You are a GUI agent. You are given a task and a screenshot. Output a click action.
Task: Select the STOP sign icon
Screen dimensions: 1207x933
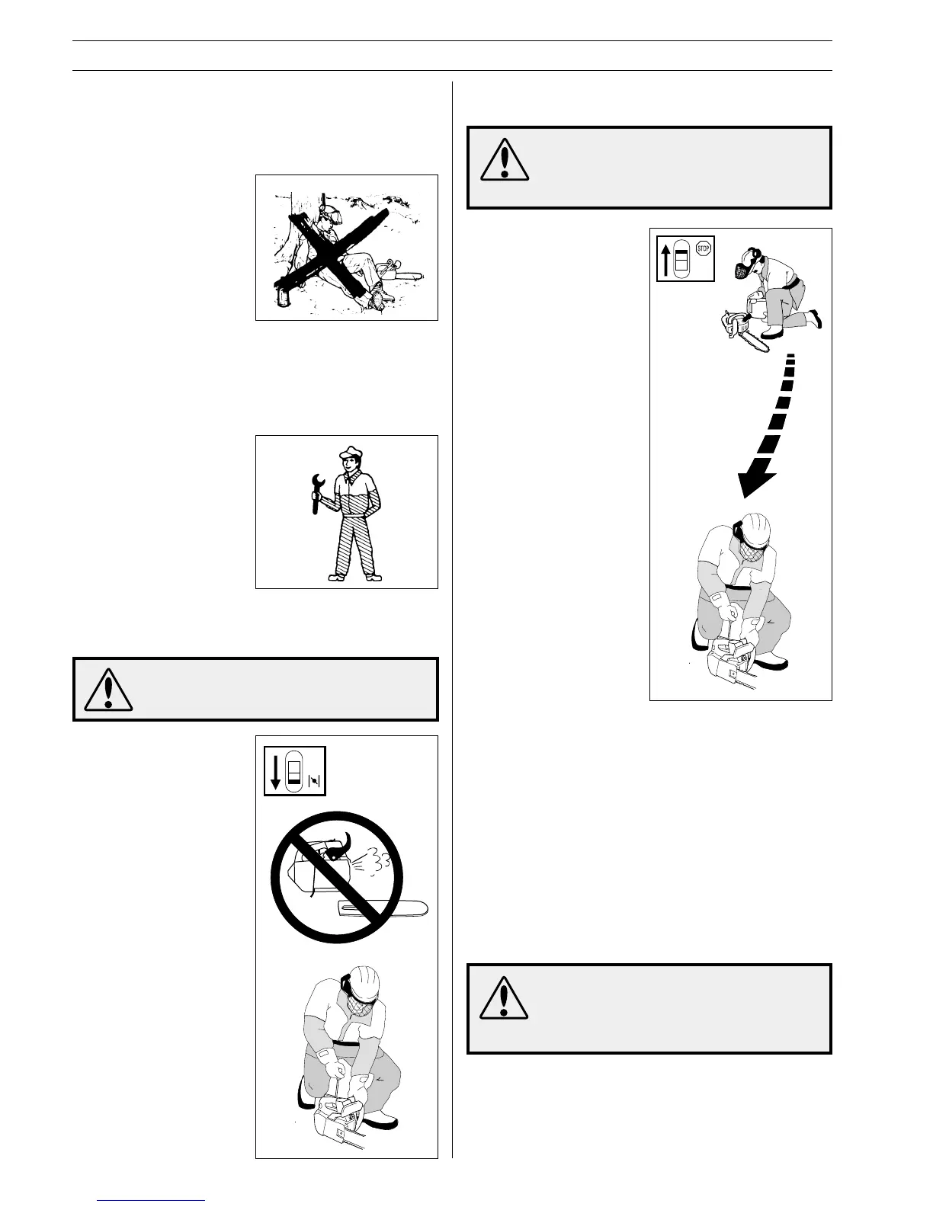pos(703,249)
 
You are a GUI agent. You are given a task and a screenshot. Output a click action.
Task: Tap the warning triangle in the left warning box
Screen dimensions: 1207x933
pos(108,690)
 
